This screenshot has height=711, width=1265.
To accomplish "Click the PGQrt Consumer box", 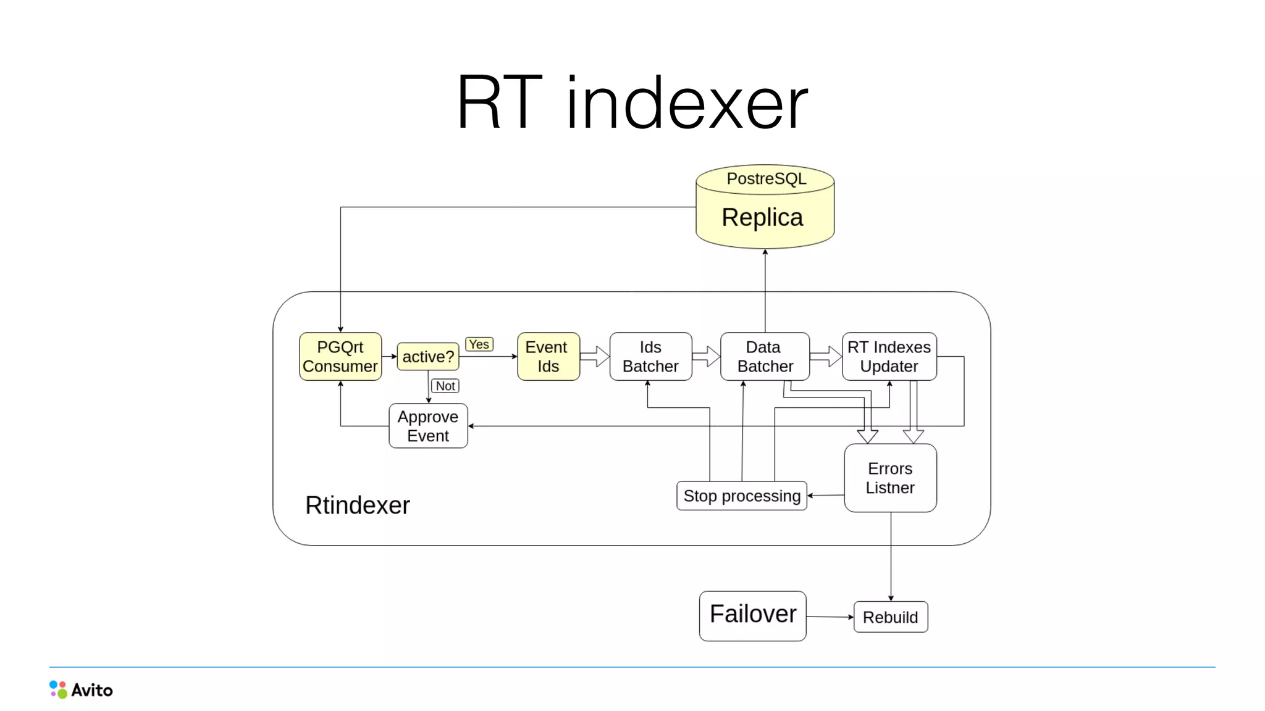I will point(340,357).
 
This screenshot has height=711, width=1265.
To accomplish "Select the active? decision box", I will point(427,357).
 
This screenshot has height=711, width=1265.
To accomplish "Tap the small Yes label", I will point(479,344).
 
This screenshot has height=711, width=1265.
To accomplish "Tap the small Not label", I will point(445,386).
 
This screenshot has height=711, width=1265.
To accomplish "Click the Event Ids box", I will point(548,357).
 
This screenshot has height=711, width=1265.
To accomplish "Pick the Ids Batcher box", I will point(650,357).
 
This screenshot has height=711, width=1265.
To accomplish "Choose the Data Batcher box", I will point(765,357).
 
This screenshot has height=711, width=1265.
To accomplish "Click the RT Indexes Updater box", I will point(889,357).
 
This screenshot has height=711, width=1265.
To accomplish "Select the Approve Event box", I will point(428,426).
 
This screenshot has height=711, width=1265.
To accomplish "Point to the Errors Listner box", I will point(890,478).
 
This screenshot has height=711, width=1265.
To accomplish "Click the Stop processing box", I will point(741,496).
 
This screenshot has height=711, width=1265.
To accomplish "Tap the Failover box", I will point(752,615).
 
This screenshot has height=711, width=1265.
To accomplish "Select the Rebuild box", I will point(890,617).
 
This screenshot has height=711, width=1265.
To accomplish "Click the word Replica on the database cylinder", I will point(762,217).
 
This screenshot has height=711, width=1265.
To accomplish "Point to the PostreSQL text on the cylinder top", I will point(766,178).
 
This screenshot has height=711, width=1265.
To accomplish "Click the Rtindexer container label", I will point(357,505).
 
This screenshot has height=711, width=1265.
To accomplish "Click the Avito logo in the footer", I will point(81,689).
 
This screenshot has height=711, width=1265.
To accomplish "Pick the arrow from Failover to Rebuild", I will point(830,617).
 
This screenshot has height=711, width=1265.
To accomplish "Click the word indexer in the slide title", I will point(686,103).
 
